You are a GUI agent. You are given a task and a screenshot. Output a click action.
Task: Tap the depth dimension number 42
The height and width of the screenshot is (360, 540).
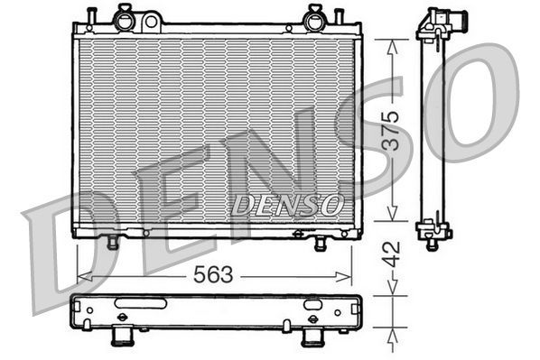click(x=386, y=252)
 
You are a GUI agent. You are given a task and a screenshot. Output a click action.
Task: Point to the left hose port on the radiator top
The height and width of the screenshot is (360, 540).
click(x=125, y=15)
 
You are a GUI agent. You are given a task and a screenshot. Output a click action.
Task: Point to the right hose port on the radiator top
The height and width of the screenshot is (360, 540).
click(x=315, y=15)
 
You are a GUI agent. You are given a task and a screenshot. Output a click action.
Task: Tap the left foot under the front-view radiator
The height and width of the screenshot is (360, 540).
click(x=113, y=243)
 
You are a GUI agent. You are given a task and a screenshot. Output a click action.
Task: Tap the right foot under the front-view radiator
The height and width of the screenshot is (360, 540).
click(x=320, y=244)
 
